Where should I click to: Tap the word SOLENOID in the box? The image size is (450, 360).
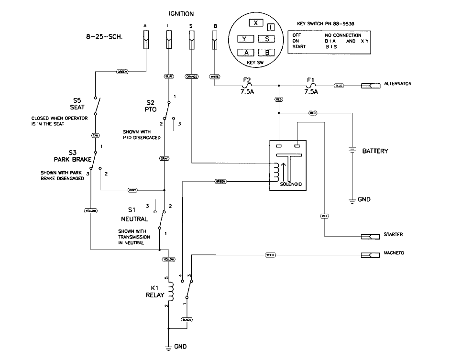point(285,184)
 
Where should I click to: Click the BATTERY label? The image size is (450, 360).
point(375,151)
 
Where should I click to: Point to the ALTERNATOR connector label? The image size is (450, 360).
point(397,84)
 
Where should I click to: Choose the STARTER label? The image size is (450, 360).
point(393,235)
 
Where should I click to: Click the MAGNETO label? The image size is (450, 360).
point(394,252)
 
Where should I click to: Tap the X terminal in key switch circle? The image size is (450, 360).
point(256,23)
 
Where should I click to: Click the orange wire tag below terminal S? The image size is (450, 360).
point(191,76)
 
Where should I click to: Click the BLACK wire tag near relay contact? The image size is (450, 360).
point(187,319)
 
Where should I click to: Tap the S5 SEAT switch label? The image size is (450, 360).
point(77,104)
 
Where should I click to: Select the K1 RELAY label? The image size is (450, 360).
point(155,292)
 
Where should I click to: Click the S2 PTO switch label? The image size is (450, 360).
point(151,106)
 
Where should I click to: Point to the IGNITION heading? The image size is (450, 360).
point(181,14)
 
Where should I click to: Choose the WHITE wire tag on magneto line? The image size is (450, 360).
point(271,255)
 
